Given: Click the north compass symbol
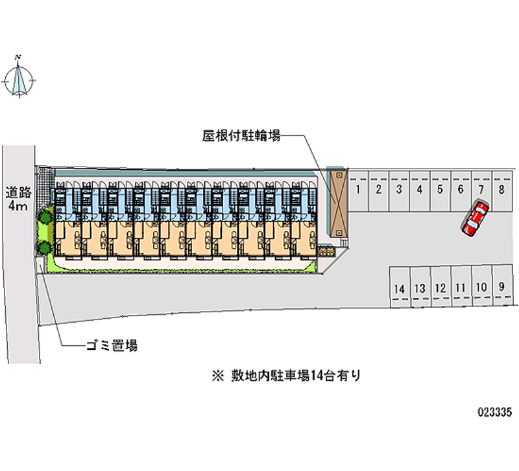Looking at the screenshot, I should (x=19, y=78).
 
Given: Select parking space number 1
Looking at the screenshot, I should (x=358, y=190).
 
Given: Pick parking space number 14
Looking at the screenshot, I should (x=399, y=288).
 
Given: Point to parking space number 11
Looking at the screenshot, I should (x=461, y=287).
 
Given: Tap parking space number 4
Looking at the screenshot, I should (x=420, y=190).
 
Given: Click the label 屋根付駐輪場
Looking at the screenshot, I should (x=241, y=136).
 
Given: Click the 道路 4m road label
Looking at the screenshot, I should (x=18, y=199).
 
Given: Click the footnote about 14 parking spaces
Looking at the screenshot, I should (x=285, y=374).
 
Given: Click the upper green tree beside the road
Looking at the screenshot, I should (x=45, y=216).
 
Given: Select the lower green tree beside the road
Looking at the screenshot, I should (x=43, y=247).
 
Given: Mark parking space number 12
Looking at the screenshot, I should (x=440, y=287).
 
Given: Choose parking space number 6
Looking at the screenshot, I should (x=461, y=190).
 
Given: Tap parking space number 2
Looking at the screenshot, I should (x=379, y=190).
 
